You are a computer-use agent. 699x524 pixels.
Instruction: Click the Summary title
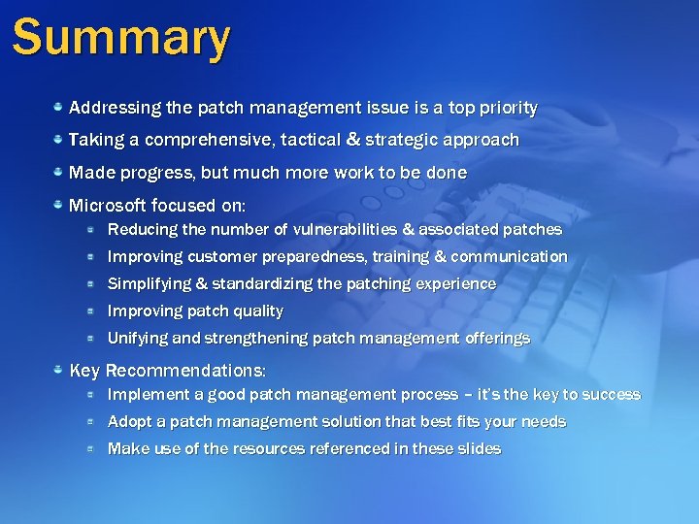coord(121,39)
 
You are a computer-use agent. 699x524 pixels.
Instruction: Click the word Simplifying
coord(148,284)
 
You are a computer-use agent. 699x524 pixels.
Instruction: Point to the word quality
coord(258,311)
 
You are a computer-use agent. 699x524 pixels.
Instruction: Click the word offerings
coord(496,339)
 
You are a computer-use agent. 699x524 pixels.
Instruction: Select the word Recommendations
coord(184,371)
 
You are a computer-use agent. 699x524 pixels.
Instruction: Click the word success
coord(611,395)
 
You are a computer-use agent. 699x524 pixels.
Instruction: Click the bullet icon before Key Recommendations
coord(58,370)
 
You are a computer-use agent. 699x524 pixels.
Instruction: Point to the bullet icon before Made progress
coord(58,172)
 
